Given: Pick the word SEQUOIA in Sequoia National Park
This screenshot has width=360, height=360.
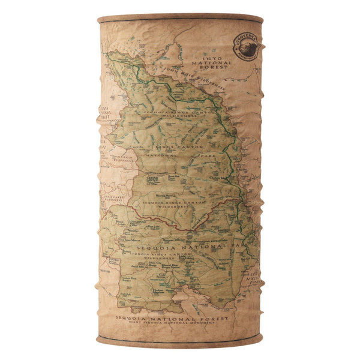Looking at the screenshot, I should (155, 246).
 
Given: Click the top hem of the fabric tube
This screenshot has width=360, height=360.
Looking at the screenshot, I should (180, 19).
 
